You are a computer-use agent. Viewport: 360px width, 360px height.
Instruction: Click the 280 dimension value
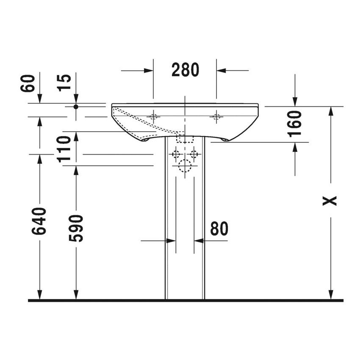click(185, 70)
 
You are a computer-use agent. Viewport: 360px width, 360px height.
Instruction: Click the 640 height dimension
click(39, 221)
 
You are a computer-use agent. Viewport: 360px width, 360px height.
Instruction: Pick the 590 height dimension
click(76, 228)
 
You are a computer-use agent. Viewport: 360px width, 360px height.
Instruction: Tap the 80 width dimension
click(219, 229)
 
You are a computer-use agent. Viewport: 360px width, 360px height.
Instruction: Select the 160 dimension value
click(295, 123)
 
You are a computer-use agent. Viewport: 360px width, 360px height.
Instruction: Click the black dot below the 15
click(76, 107)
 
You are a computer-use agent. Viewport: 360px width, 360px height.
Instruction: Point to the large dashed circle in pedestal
click(185, 166)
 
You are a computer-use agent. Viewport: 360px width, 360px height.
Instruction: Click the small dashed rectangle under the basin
click(185, 138)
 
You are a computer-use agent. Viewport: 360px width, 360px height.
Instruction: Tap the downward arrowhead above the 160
click(295, 102)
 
